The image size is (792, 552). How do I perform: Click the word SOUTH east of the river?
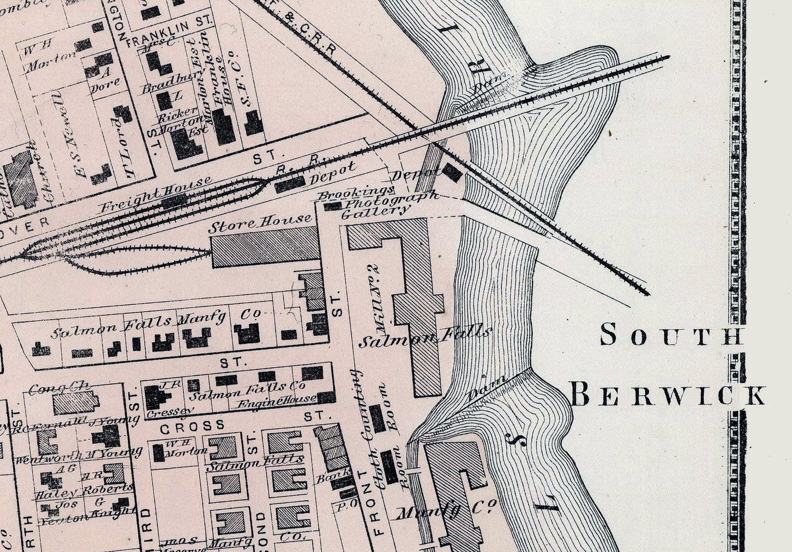pyautogui.click(x=671, y=335)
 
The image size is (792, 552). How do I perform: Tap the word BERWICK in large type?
pyautogui.click(x=668, y=395)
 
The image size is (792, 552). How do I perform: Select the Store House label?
pyautogui.click(x=259, y=224)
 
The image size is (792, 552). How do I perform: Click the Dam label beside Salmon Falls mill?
pyautogui.click(x=487, y=387)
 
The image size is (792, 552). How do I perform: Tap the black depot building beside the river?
pyautogui.click(x=452, y=172)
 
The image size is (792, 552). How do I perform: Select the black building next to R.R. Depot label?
pyautogui.click(x=289, y=183)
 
